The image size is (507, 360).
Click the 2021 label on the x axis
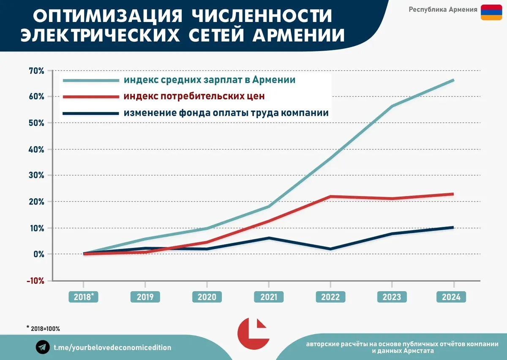click(268, 297)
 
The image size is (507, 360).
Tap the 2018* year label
click(84, 297)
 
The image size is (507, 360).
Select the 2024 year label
click(451, 297)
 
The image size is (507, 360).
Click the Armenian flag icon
click(491, 12)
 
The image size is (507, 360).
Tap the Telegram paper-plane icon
click(42, 347)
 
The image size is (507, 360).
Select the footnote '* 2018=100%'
click(43, 328)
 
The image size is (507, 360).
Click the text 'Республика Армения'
click(443, 9)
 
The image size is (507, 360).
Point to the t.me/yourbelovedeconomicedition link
click(112, 347)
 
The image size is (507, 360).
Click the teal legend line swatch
click(91, 80)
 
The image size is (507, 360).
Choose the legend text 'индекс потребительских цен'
click(194, 96)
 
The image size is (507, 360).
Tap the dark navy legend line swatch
click(91, 113)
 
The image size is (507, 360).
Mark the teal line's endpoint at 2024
click(453, 80)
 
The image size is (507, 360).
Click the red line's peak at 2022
click(330, 196)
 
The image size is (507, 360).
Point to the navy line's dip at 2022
click(330, 249)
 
